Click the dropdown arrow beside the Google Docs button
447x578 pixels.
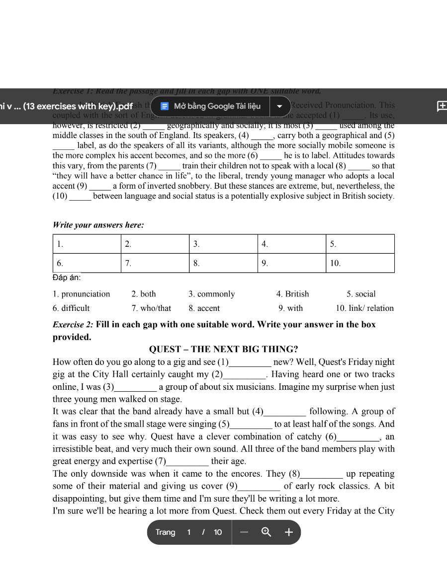point(280,106)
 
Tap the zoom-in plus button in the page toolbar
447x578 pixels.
point(289,532)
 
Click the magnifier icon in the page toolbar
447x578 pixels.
point(267,532)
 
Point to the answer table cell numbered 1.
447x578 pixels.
point(87,244)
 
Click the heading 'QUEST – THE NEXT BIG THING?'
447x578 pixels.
point(224,349)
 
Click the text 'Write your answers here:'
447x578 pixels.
point(98,225)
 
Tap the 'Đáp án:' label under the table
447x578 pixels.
point(67,278)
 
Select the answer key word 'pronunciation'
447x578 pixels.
point(86,294)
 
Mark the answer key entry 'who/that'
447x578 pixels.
point(156,308)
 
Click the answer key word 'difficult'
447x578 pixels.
point(75,308)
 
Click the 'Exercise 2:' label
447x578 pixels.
point(73,325)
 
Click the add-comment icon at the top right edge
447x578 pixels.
point(442,106)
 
